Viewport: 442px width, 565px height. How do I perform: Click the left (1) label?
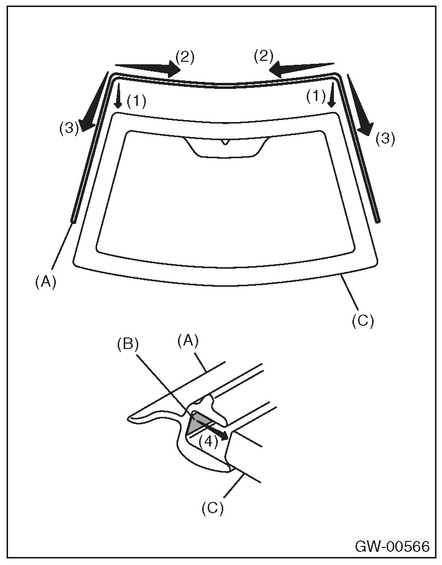click(x=136, y=101)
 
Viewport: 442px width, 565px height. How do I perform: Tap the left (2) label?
click(x=184, y=56)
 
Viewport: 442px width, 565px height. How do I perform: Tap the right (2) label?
click(x=263, y=56)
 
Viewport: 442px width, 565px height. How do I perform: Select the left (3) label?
click(x=69, y=128)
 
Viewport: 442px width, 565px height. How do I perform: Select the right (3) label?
click(x=385, y=139)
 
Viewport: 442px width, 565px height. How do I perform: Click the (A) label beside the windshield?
click(x=45, y=282)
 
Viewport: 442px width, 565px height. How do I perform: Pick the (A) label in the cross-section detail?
click(x=189, y=342)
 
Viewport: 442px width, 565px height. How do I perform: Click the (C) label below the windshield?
click(x=363, y=320)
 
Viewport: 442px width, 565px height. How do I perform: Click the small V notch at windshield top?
click(x=224, y=142)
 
